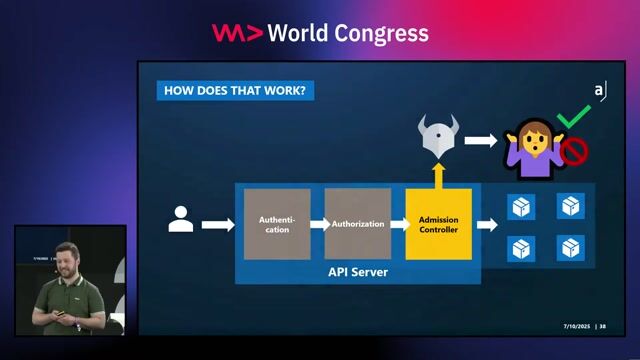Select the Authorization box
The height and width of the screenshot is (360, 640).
coord(357,224)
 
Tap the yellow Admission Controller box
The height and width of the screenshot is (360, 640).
coord(438,224)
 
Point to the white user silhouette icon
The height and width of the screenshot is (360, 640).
coord(181,220)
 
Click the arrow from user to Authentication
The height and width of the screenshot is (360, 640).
coord(217,225)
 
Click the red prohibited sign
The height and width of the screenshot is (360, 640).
coord(574,150)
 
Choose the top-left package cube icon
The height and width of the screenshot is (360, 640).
coord(520,207)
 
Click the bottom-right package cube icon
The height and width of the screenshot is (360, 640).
coord(570,247)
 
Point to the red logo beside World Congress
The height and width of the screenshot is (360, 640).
coord(237,33)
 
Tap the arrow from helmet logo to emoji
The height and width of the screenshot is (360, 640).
coord(480,140)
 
